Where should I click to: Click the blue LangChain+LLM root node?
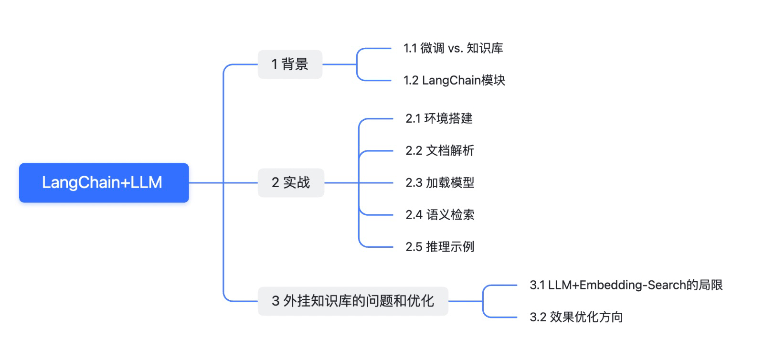coord(104,182)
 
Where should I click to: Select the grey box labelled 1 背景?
coord(290,64)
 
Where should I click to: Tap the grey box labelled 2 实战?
coord(291,182)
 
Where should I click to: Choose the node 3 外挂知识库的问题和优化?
coord(353,301)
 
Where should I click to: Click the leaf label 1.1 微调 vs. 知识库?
coord(453,48)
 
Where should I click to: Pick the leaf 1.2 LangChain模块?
coord(454,80)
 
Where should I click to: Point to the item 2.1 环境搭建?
coord(439,118)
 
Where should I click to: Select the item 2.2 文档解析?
coord(440,150)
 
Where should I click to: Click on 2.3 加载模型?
coord(440,182)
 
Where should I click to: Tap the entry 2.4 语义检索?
coord(440,214)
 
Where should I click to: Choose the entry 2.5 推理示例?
coord(440,246)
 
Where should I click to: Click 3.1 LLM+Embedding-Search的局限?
coord(626,285)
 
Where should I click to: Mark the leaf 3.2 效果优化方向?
coord(576,317)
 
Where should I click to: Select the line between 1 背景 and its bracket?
coord(339,64)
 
